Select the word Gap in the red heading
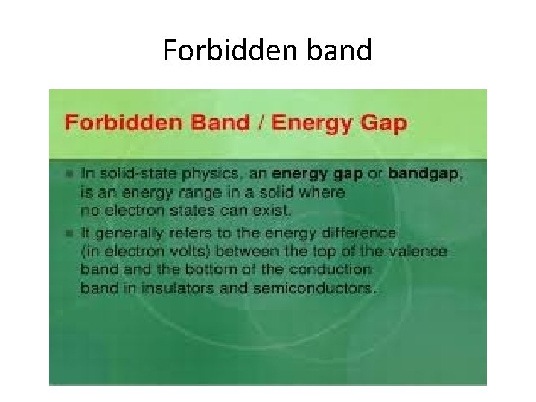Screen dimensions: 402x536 tap(383, 122)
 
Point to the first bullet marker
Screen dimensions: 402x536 tap(69, 173)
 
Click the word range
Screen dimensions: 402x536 tap(192, 193)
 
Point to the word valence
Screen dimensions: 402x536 tap(418, 252)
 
